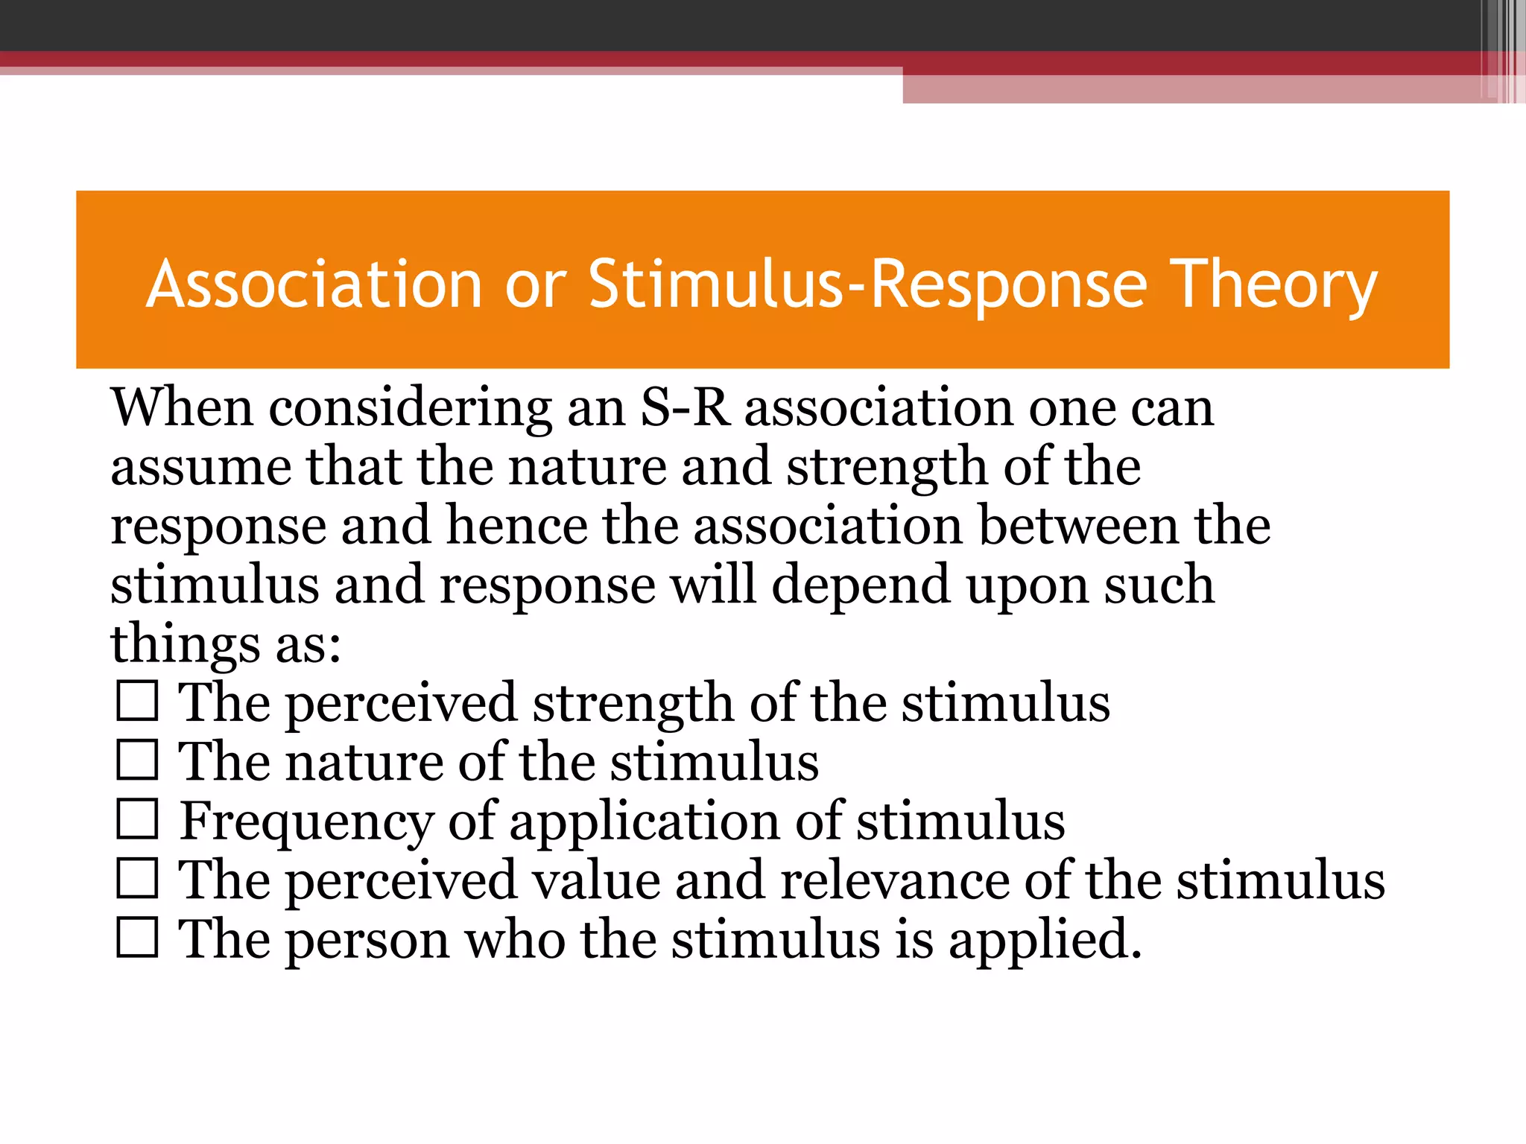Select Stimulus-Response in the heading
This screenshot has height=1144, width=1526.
click(x=867, y=285)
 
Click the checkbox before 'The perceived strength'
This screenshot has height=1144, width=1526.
click(x=138, y=701)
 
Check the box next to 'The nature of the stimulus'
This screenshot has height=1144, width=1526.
click(x=138, y=760)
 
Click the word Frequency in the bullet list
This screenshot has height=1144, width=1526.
click(x=306, y=822)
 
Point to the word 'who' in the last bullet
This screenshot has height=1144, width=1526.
click(x=515, y=939)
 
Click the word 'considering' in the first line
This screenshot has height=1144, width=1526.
click(x=410, y=410)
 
